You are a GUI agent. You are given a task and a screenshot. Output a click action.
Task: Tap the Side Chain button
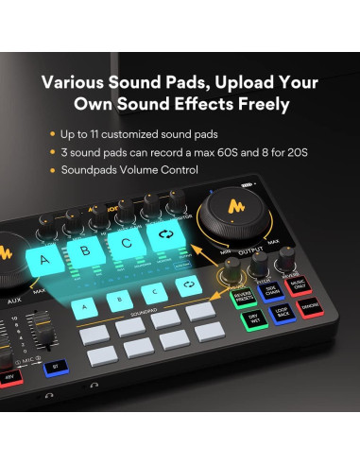272,296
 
